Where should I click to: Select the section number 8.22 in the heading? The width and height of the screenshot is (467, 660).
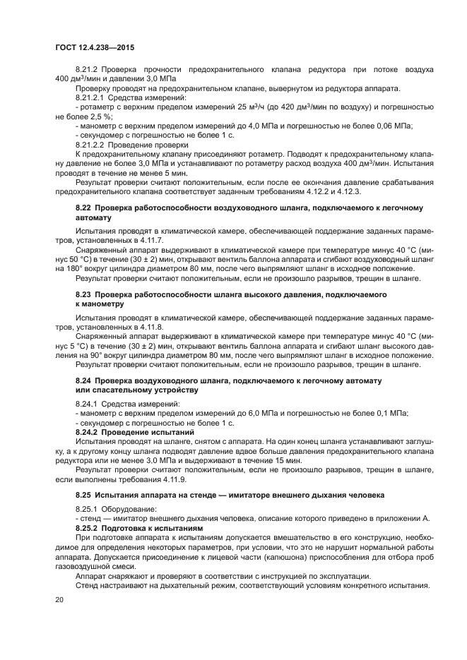point(83,209)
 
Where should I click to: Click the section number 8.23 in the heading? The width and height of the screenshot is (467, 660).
point(83,294)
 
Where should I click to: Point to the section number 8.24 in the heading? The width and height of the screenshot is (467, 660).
point(83,380)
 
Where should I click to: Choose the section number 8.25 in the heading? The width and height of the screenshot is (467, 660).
point(83,494)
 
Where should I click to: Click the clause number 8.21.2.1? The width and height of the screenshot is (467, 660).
point(90,98)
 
